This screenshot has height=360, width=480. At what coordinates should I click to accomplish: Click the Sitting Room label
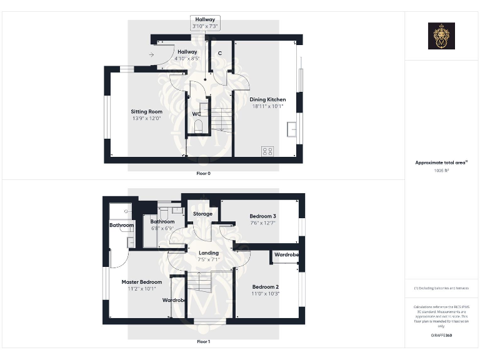point(147,112)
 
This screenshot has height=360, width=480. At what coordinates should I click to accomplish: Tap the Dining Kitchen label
point(267,99)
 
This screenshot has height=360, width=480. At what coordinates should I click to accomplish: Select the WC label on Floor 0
point(196,114)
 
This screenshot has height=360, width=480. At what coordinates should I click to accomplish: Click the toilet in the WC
point(199,126)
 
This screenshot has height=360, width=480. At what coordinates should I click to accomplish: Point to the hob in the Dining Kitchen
point(268,151)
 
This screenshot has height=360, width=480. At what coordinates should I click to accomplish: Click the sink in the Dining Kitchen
point(291,130)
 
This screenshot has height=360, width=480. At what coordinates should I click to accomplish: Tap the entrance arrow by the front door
point(152,55)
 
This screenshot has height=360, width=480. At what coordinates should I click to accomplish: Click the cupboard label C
point(220,53)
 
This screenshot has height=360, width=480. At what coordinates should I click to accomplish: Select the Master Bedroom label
point(141,282)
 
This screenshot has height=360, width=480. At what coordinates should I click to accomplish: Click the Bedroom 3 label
point(262,216)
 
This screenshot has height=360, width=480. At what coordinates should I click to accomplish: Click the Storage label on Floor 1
point(202,214)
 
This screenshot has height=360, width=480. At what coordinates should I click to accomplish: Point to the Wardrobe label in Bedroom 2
point(286,255)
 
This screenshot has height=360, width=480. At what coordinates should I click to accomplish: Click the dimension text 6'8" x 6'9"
point(162,229)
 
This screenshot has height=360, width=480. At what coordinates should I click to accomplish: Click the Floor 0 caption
point(203,173)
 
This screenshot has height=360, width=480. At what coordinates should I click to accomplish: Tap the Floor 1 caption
point(203,342)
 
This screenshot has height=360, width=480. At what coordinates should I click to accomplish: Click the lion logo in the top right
point(441,36)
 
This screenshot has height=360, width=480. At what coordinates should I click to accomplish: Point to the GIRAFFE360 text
point(441,336)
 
